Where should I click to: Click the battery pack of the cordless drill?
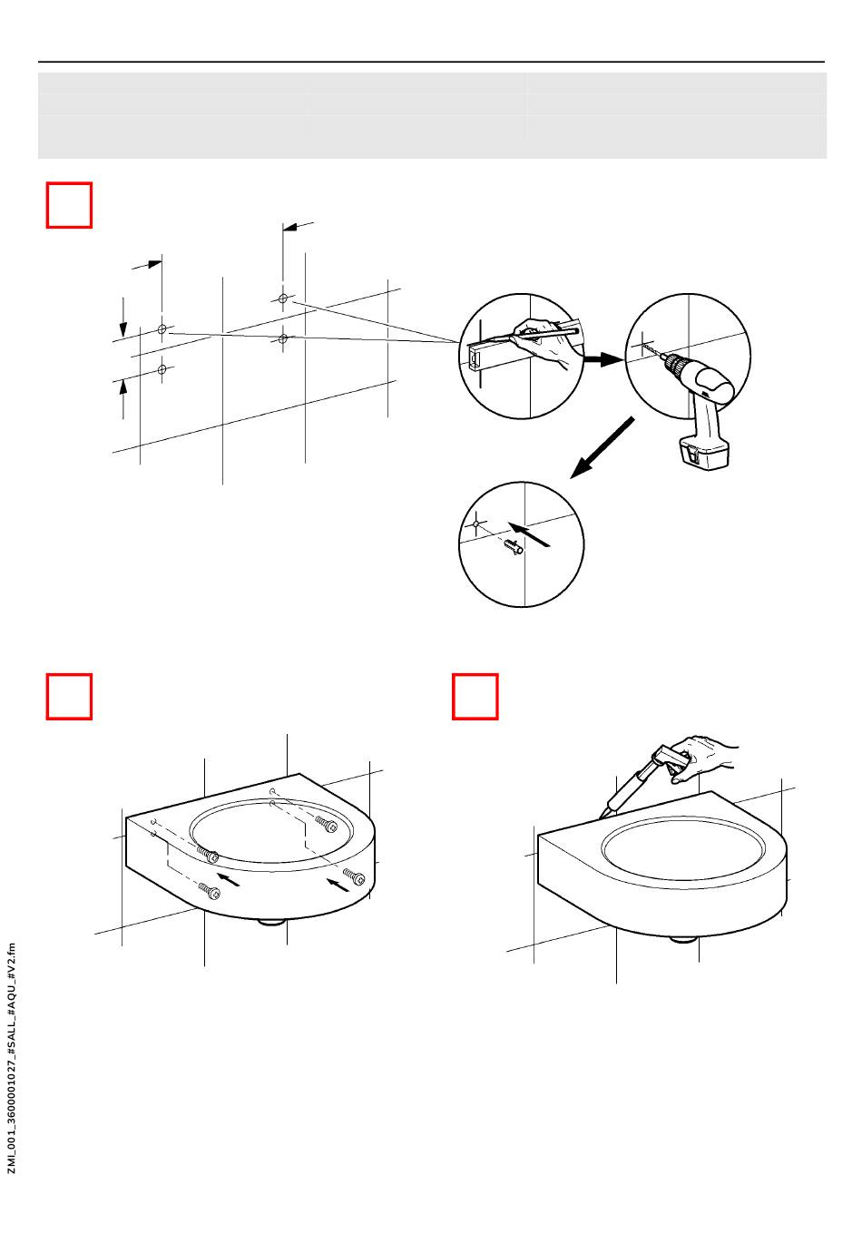(703, 451)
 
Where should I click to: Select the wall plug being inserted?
(514, 548)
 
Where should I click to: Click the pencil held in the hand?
(543, 335)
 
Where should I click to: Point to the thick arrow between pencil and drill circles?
(602, 359)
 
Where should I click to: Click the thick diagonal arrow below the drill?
(602, 448)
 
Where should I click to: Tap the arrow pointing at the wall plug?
(529, 533)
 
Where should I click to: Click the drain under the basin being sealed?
(684, 939)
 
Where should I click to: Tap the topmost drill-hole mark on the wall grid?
(282, 299)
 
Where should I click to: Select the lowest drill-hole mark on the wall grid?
(162, 369)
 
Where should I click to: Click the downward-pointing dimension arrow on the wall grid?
(123, 318)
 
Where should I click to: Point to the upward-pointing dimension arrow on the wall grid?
(123, 400)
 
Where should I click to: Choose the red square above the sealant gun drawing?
(475, 697)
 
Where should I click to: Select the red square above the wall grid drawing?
(69, 205)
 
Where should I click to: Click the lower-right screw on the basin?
(354, 876)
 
